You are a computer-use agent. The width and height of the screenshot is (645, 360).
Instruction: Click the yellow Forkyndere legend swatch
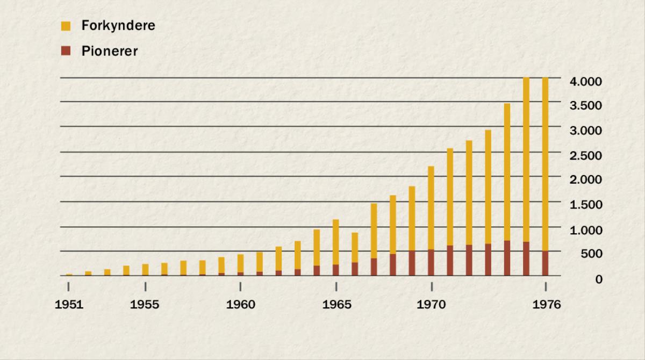66,25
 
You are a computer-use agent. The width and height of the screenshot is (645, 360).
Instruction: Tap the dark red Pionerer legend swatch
66,51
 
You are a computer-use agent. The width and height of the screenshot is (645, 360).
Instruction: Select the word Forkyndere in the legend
118,25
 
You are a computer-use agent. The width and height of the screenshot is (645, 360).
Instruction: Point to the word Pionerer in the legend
110,52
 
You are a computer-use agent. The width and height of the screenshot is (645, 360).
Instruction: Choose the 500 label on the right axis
591,254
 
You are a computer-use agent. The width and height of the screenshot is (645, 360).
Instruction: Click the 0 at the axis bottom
598,279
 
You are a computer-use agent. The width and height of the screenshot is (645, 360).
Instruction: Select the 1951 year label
69,305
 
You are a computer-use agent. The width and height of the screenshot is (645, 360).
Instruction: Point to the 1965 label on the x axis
336,305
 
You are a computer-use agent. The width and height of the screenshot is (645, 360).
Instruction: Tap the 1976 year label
546,305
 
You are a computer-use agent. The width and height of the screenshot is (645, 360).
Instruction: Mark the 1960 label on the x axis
241,305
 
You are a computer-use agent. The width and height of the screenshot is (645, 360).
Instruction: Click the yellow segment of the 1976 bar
546,161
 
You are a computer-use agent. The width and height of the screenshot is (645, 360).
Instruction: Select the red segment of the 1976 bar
546,263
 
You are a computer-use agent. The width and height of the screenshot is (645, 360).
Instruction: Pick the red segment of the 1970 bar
431,263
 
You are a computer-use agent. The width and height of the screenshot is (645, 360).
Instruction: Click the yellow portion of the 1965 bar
336,242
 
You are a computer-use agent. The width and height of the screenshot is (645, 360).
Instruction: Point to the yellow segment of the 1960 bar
240,263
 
